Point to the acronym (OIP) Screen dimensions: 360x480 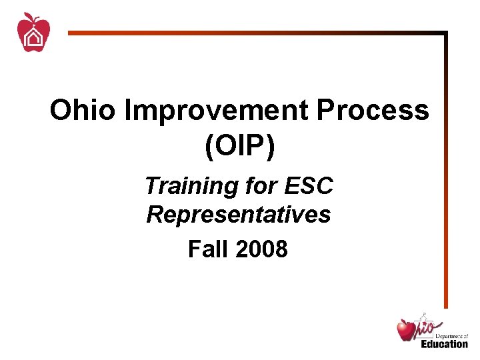point(240,147)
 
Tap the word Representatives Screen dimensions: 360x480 point(239,215)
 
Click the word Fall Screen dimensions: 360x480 point(207,249)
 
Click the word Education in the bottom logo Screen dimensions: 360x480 point(445,344)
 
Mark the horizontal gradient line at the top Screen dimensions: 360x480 point(253,32)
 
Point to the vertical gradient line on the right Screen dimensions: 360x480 point(445,167)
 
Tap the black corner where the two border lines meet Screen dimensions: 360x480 point(445,32)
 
